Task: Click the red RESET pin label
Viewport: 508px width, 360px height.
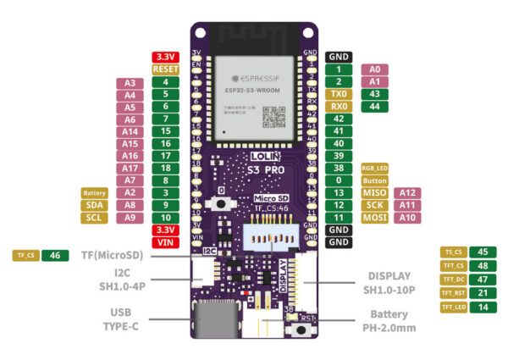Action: pyautogui.click(x=166, y=69)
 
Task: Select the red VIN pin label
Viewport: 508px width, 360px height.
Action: pyautogui.click(x=166, y=242)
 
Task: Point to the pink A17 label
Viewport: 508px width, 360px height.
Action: pyautogui.click(x=130, y=169)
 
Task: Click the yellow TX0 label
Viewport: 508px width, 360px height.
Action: pyautogui.click(x=339, y=94)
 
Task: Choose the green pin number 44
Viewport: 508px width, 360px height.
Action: pyautogui.click(x=375, y=107)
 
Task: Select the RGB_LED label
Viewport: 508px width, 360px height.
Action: pyautogui.click(x=374, y=169)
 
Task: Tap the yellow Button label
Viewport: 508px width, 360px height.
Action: pyautogui.click(x=374, y=180)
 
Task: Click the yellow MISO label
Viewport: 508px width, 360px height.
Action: pyautogui.click(x=374, y=193)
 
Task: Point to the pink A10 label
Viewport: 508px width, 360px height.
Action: pyautogui.click(x=408, y=218)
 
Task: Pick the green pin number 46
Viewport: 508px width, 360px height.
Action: pyautogui.click(x=55, y=255)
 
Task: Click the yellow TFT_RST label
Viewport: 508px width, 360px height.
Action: pyautogui.click(x=455, y=292)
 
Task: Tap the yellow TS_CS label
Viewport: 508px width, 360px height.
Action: pyautogui.click(x=455, y=252)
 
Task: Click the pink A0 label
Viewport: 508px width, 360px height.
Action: pyautogui.click(x=375, y=69)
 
